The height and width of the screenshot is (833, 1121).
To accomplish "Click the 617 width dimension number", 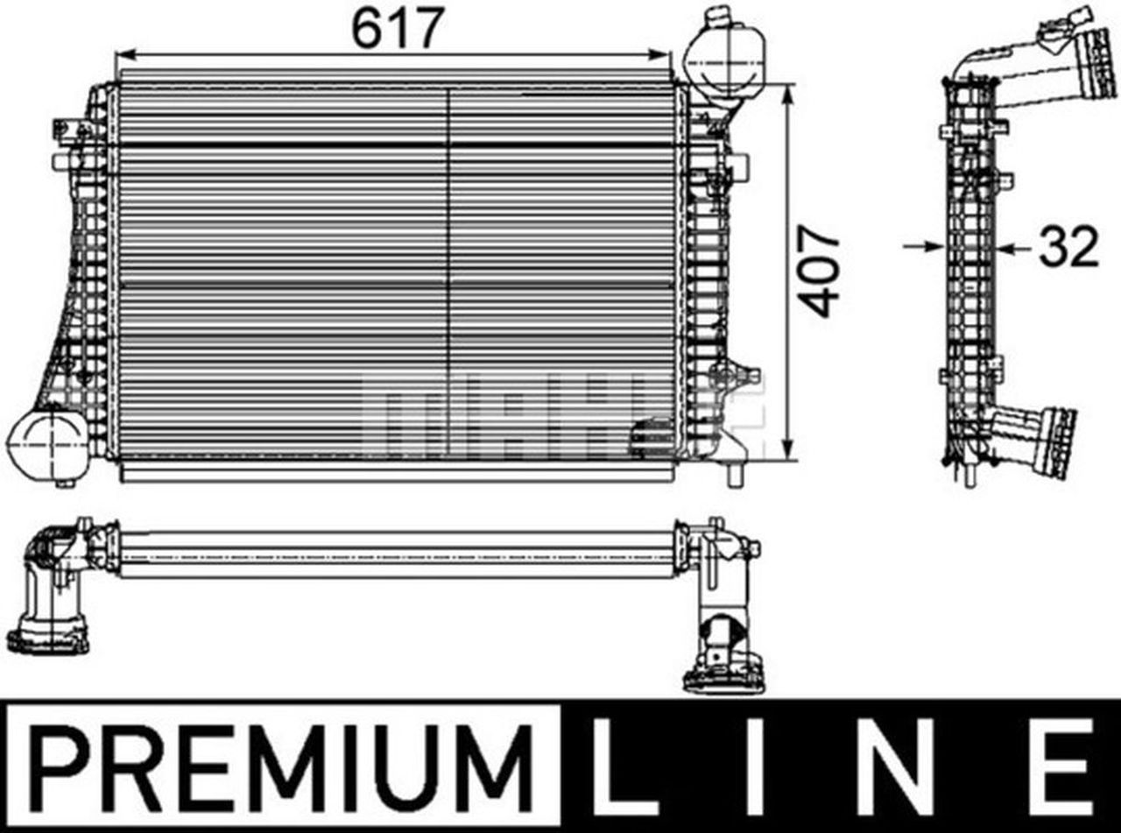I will (394, 29).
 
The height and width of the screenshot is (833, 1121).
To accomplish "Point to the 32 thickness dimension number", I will (1068, 248).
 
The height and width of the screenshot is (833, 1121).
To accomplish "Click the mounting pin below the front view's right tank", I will (734, 474).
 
